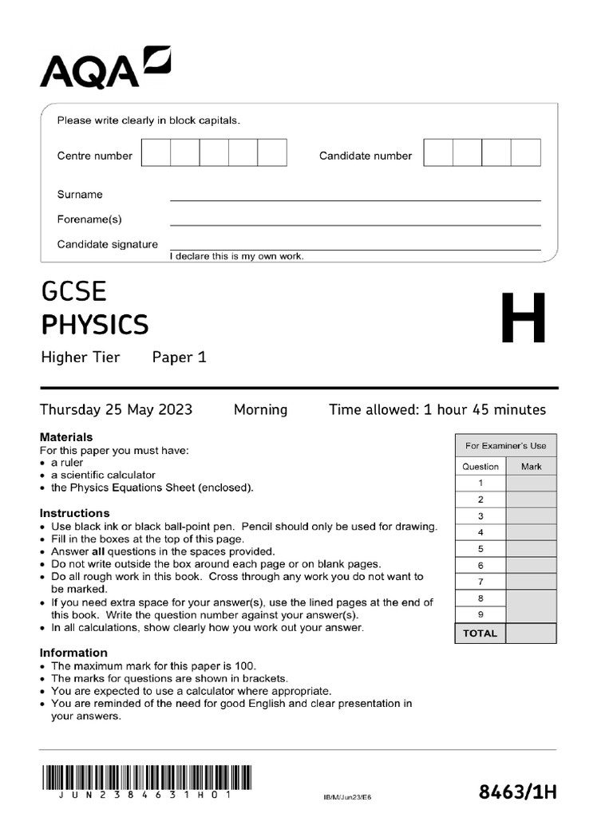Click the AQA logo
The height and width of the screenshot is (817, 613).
coord(105,68)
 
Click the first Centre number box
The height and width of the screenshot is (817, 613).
coord(156,152)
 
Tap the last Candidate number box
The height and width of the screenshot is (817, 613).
coord(525,152)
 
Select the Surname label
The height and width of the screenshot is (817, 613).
coord(80,195)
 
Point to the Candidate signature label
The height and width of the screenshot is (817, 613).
coord(108,244)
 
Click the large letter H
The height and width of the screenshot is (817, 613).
coord(524,318)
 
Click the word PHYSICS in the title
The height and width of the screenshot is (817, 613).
coord(94,326)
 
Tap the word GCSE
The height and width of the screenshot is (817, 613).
coord(73,291)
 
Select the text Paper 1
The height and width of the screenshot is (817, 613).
coord(180,357)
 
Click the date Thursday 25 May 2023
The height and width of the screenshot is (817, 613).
coord(117,410)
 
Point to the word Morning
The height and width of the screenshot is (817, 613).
coord(260,410)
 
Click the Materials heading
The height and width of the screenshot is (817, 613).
coord(66,437)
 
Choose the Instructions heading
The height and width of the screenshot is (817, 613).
coord(75,513)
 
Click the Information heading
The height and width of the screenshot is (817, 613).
coord(73,653)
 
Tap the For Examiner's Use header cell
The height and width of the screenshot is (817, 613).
coord(506,446)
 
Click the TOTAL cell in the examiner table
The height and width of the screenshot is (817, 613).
coord(481,633)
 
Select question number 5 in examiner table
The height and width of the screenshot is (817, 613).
coord(481,549)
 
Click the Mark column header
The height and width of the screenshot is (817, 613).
coord(531,467)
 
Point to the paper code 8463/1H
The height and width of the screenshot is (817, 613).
coord(517,792)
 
